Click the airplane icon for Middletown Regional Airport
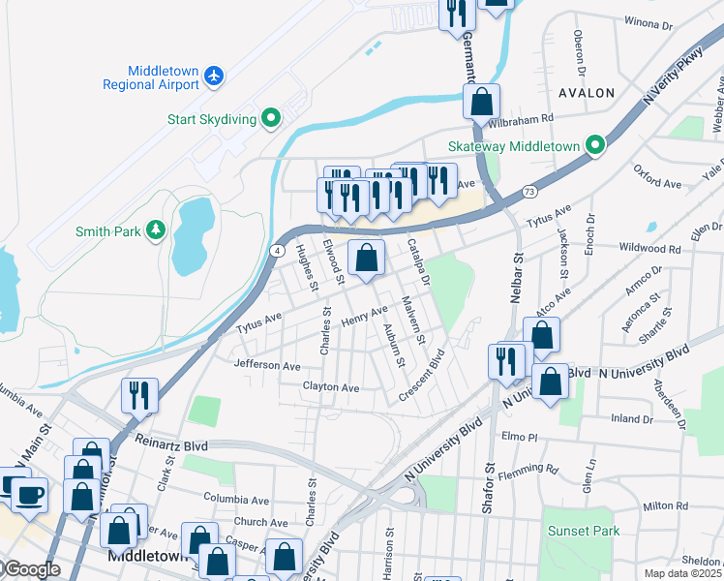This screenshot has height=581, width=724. (x=213, y=76)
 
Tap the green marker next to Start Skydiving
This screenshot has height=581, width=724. (x=272, y=119)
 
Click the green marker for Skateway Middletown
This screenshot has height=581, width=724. (x=596, y=147)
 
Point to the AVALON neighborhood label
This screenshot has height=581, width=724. (x=587, y=93)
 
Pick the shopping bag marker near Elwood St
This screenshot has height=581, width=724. (x=366, y=258)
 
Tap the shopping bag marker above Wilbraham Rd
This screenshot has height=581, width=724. (x=481, y=100)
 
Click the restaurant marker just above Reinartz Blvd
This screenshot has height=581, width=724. (x=137, y=395)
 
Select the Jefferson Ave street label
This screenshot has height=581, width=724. (x=267, y=365)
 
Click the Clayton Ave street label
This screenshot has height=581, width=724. (x=330, y=387)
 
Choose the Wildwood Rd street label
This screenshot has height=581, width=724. (x=653, y=249)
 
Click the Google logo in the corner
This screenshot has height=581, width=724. (x=31, y=569)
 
